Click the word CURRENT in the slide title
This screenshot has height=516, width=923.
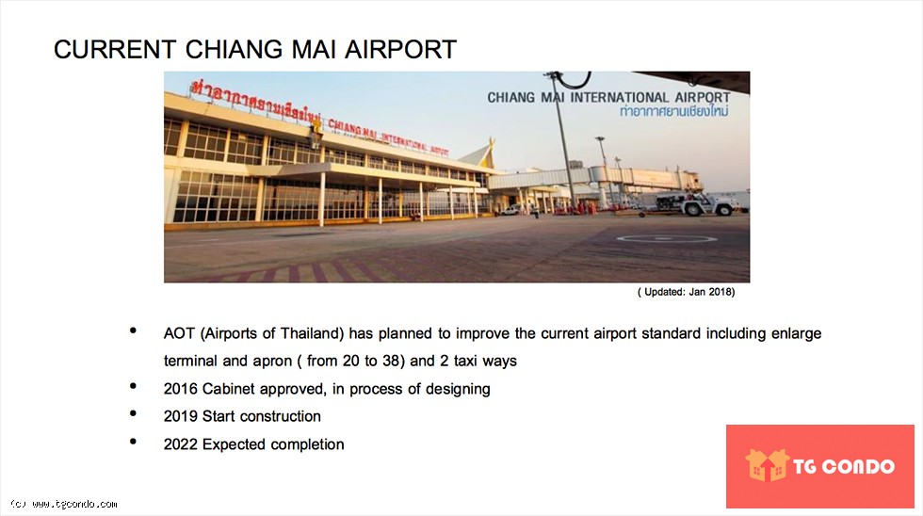(115, 49)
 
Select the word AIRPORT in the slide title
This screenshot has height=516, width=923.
(401, 49)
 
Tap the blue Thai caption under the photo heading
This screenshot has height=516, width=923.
(674, 112)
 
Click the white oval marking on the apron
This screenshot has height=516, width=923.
(667, 238)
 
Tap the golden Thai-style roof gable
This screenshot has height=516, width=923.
(478, 154)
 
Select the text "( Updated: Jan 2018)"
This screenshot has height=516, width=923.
(687, 292)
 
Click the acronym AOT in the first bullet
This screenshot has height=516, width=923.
(179, 333)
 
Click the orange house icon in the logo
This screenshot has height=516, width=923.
(767, 465)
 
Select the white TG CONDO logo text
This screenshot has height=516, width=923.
(844, 467)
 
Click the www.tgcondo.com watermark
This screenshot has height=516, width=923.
(65, 505)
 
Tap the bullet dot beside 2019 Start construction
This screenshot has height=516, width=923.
(133, 413)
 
